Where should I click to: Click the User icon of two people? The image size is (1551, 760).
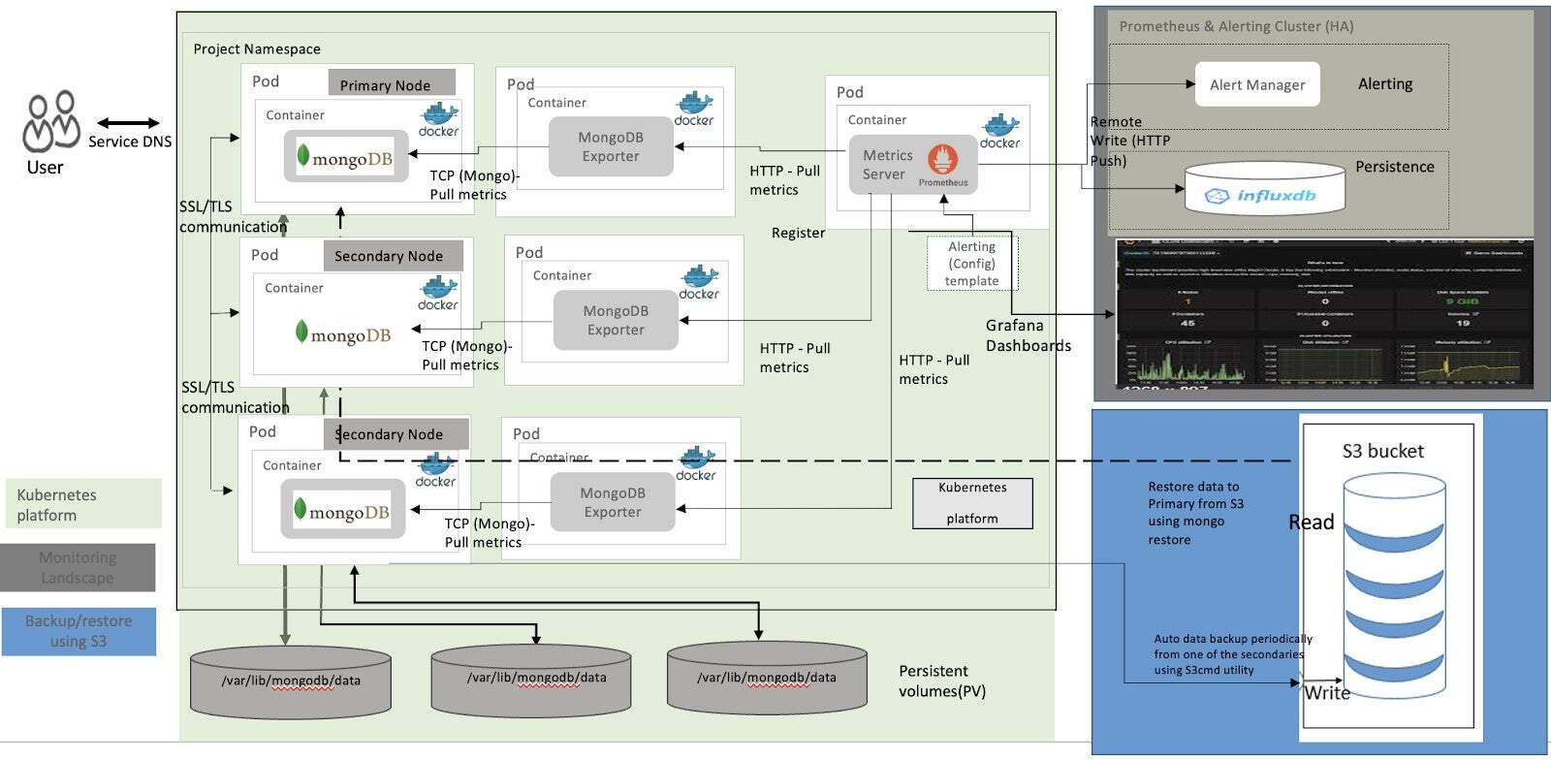51,121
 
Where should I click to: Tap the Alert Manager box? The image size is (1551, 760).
1257,84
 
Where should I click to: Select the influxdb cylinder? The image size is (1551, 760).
1265,188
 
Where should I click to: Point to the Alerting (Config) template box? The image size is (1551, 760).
972,264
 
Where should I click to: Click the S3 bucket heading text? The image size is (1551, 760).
1382,451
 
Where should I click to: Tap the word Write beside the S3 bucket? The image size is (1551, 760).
1327,692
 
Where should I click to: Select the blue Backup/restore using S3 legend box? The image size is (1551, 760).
79,631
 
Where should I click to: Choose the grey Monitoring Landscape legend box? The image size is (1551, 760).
78,567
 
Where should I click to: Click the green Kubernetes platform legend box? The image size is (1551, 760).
82,504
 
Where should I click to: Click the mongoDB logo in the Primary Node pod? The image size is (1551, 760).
345,157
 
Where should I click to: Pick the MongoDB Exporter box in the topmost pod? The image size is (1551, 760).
611,146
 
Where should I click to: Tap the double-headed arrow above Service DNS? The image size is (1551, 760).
128,123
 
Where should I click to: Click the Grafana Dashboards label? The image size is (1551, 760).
1028,335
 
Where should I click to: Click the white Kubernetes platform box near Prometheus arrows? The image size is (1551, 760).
972,502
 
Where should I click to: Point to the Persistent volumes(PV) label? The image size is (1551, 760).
941,681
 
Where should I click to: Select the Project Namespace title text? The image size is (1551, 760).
257,48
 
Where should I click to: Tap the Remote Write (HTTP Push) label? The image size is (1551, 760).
1128,141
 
